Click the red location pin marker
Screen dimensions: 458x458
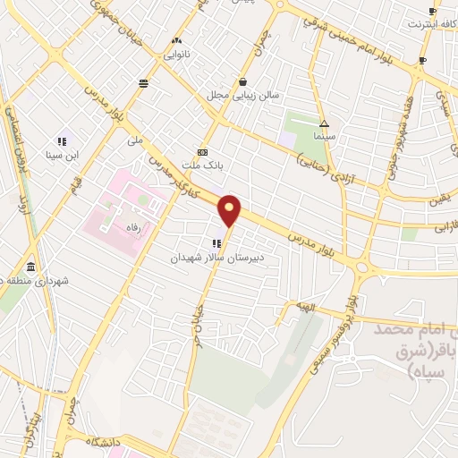(230, 211)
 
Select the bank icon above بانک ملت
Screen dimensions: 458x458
(202, 152)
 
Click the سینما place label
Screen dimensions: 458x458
(323, 138)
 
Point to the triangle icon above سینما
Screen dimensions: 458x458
(324, 124)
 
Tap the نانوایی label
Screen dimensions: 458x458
(175, 54)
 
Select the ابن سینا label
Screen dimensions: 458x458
(64, 155)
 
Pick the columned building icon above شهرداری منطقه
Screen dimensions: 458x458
(30, 267)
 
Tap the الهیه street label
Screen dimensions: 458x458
(309, 307)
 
